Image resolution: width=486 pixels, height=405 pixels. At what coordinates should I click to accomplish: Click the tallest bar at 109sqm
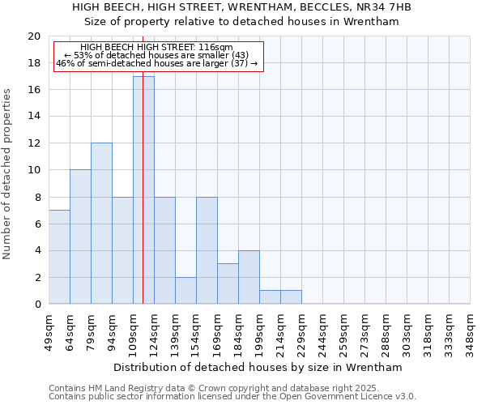pyautogui.click(x=143, y=190)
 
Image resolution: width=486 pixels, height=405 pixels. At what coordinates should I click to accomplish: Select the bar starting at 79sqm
pyautogui.click(x=101, y=224)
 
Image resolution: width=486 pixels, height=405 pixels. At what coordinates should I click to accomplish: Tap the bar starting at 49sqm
pyautogui.click(x=59, y=257)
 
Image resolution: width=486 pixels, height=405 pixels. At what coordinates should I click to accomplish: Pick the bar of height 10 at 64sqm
pyautogui.click(x=80, y=237)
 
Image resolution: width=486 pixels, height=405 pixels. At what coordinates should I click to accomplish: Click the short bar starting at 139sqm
pyautogui.click(x=185, y=290)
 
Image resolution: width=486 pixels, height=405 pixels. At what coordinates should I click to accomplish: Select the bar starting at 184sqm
pyautogui.click(x=249, y=277)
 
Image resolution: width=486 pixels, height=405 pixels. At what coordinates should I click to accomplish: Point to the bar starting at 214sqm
pyautogui.click(x=291, y=296)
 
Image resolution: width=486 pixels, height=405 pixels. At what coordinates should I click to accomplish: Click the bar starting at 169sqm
pyautogui.click(x=228, y=283)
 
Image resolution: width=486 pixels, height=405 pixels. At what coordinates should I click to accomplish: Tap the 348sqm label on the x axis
pyautogui.click(x=471, y=332)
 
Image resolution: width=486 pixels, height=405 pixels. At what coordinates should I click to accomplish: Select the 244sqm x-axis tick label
pyautogui.click(x=323, y=332)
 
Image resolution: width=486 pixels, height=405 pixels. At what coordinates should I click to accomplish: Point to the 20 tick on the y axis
pyautogui.click(x=33, y=36)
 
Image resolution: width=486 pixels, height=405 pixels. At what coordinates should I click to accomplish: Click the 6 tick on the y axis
pyautogui.click(x=36, y=224)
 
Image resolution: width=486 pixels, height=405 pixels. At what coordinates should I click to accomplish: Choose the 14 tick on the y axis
pyautogui.click(x=33, y=117)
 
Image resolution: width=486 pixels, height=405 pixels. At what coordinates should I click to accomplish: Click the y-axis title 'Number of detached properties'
pyautogui.click(x=7, y=170)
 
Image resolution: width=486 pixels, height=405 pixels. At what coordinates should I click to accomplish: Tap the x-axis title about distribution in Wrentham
pyautogui.click(x=258, y=367)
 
